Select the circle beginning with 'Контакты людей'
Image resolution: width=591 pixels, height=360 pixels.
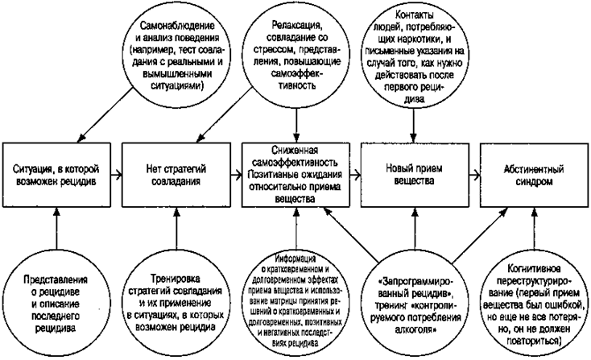pyautogui.click(x=412, y=54)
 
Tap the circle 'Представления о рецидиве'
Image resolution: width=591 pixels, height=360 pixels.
pyautogui.click(x=56, y=299)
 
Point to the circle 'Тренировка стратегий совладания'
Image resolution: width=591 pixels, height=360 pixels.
pyautogui.click(x=175, y=299)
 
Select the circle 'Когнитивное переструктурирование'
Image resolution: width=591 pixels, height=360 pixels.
pyautogui.click(x=531, y=300)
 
